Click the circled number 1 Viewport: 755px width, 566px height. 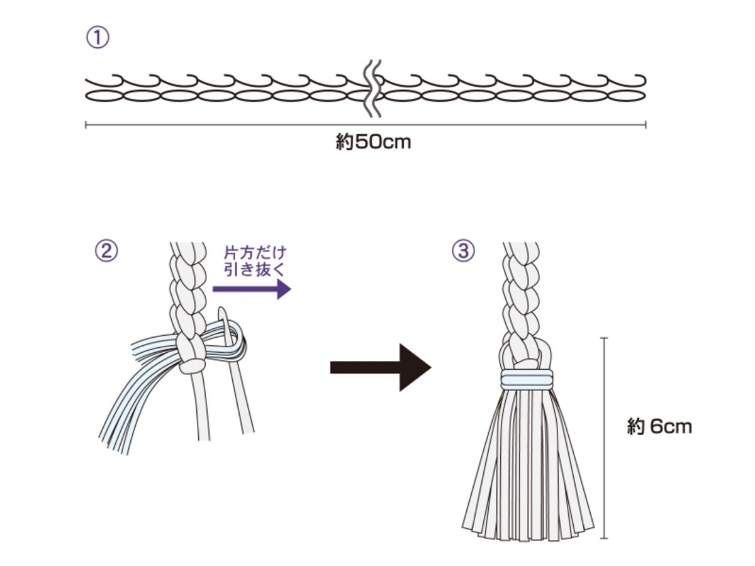click(98, 38)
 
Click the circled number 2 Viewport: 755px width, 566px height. click(106, 250)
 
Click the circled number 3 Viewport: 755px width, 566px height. click(463, 250)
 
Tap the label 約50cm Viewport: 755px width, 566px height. click(373, 142)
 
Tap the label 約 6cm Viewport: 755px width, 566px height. click(659, 426)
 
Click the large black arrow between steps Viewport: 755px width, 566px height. click(381, 367)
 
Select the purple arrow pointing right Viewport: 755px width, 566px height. click(252, 289)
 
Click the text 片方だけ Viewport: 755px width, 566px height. click(255, 253)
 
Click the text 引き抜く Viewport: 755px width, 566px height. click(255, 269)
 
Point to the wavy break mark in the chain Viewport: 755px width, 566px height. click(373, 89)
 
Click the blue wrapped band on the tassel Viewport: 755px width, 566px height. click(527, 379)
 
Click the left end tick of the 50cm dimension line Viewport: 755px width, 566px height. click(86, 125)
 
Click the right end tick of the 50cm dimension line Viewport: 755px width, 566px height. click(646, 125)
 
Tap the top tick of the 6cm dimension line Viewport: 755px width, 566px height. click(604, 338)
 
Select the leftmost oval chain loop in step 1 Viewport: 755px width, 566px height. click(104, 96)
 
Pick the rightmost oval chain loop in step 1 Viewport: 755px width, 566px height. click(627, 96)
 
